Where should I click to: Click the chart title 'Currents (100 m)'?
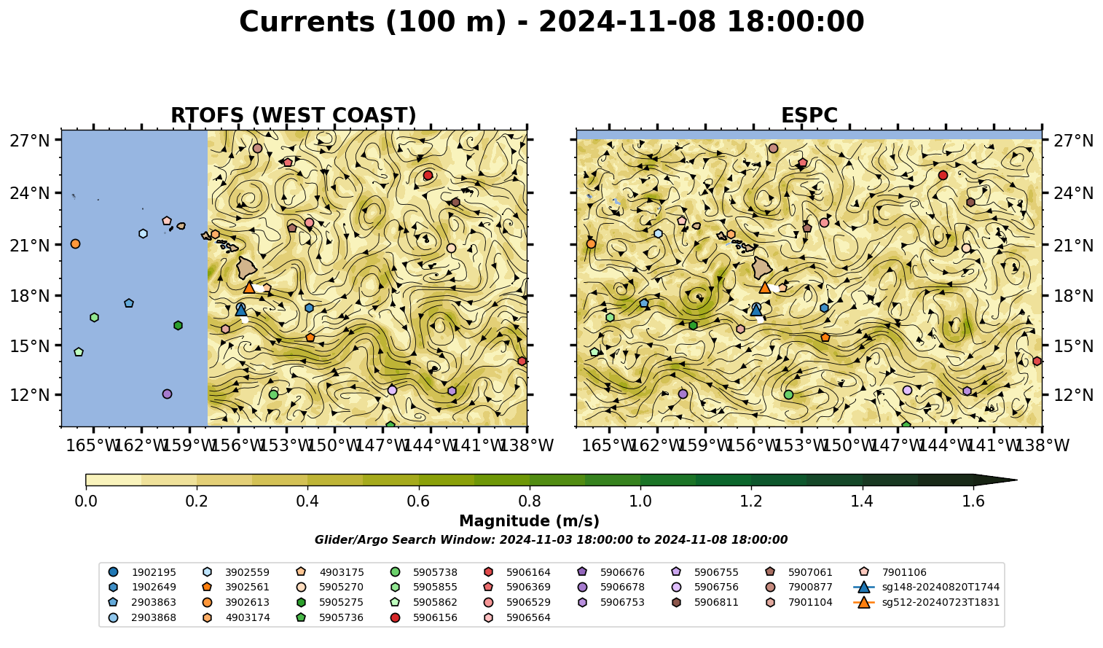[x=373, y=22]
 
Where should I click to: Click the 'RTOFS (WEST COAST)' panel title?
[x=294, y=115]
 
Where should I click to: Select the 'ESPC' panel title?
[x=809, y=115]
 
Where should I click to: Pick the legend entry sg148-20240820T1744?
[x=926, y=587]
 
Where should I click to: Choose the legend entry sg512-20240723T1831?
[x=926, y=602]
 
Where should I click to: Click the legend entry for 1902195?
[x=142, y=572]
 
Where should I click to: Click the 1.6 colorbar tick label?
[x=973, y=501]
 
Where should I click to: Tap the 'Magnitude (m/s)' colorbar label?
[x=530, y=521]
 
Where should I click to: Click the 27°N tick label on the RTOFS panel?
[x=30, y=141]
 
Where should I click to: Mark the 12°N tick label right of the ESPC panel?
[x=1073, y=395]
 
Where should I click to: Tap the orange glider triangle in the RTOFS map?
[x=249, y=288]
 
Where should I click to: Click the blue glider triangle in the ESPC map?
[x=756, y=310]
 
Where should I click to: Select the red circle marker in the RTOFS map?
[x=428, y=175]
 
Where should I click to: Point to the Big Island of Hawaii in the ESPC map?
[x=762, y=268]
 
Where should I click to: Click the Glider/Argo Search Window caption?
[x=551, y=540]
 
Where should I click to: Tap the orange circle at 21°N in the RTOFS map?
[x=75, y=244]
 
